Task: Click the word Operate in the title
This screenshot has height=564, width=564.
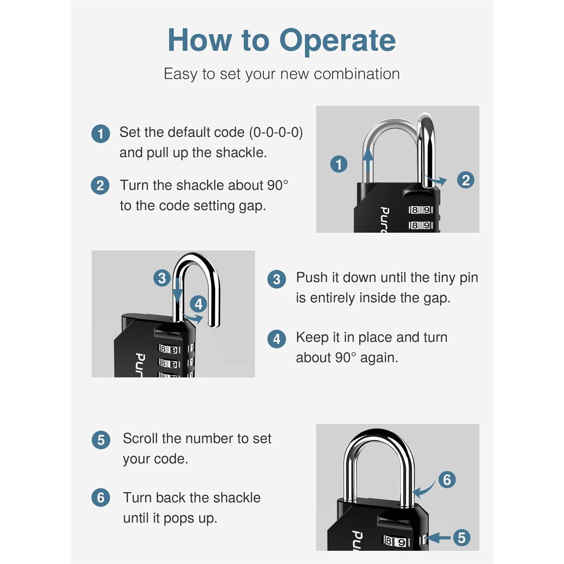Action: pyautogui.click(x=337, y=41)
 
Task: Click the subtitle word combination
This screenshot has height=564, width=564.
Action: pyautogui.click(x=356, y=74)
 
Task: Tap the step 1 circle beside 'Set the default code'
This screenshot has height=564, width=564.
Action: pyautogui.click(x=101, y=134)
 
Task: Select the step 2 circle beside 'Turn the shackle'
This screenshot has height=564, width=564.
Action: pyautogui.click(x=100, y=186)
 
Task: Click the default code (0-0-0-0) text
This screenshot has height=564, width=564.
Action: pyautogui.click(x=276, y=132)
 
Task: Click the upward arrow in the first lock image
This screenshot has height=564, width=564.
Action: pyautogui.click(x=368, y=160)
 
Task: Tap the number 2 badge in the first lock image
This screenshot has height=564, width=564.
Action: pyautogui.click(x=465, y=180)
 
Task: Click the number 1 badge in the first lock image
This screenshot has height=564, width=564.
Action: pyautogui.click(x=339, y=164)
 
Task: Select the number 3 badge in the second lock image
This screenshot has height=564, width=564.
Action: pyautogui.click(x=162, y=278)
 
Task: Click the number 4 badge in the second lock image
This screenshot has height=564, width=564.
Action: pyautogui.click(x=199, y=304)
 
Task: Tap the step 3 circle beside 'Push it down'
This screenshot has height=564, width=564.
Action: pyautogui.click(x=277, y=279)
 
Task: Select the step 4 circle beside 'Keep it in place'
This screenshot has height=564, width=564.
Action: pyautogui.click(x=277, y=339)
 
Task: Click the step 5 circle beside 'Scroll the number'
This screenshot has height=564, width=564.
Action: pyautogui.click(x=101, y=440)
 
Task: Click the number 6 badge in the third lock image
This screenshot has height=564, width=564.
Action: pyautogui.click(x=447, y=480)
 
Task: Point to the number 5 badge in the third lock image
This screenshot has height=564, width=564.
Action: pyautogui.click(x=462, y=538)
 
